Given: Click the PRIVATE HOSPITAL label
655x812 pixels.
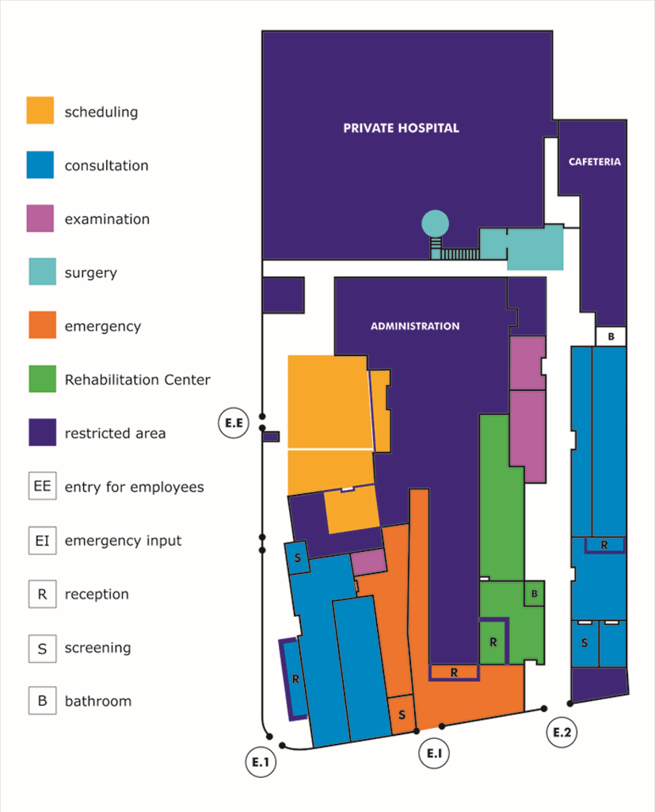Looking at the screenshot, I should [x=401, y=128].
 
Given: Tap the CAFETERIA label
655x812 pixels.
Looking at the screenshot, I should [x=594, y=162].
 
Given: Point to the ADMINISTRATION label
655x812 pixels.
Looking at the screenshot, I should [x=415, y=326].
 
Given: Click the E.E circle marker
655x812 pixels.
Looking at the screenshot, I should [x=234, y=424].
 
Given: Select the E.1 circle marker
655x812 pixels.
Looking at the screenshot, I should [x=261, y=762].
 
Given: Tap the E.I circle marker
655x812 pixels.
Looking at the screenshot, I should [x=434, y=753].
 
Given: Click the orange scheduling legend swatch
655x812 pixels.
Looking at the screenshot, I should [x=40, y=111].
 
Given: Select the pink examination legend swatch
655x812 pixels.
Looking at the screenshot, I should [x=40, y=218].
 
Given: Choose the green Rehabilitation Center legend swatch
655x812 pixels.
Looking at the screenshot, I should [x=40, y=379].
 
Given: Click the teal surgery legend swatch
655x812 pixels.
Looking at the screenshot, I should [x=40, y=272].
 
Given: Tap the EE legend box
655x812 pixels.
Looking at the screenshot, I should [x=42, y=486].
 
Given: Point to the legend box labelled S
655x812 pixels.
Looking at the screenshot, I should [x=42, y=648].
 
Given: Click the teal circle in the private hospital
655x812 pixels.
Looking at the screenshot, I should [x=435, y=224].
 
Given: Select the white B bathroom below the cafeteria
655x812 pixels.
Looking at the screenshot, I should [x=611, y=337].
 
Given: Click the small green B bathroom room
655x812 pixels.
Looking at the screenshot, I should [x=535, y=593].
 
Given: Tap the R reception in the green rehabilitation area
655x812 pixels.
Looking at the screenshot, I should [x=493, y=642].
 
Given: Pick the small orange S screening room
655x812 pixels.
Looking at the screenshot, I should [x=402, y=714].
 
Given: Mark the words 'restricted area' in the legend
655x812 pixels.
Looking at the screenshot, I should [x=115, y=433].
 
